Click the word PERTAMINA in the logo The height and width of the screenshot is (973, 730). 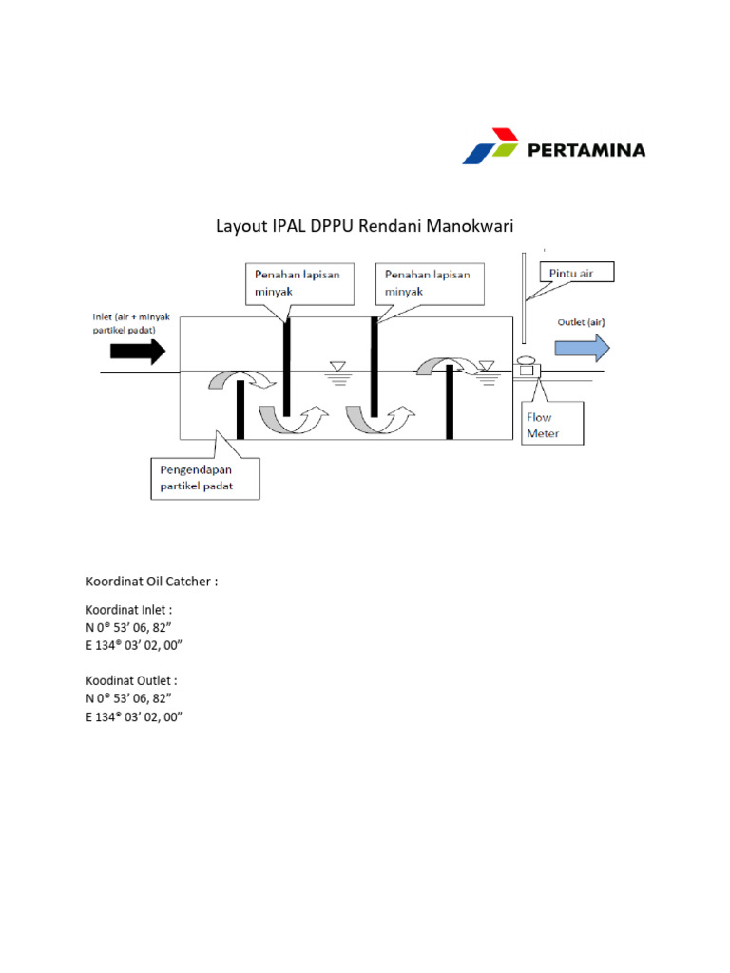pos(586,149)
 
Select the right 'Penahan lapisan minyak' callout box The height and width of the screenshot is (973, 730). pos(429,283)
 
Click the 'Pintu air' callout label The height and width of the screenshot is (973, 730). pos(576,274)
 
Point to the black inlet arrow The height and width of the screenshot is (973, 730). pos(138,351)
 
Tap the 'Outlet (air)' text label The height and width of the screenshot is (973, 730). pos(581,322)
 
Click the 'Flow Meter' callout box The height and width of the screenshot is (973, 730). pos(554,426)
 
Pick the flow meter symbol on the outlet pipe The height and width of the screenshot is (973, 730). pos(525,370)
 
